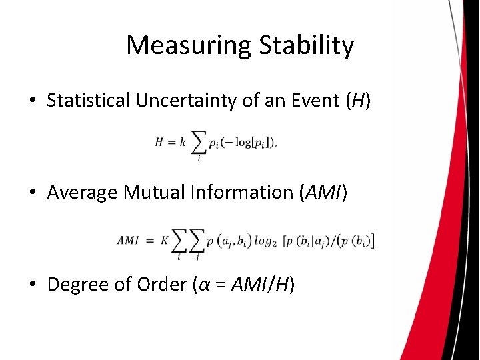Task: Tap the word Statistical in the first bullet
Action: coord(89,101)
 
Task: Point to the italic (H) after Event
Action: coord(357,101)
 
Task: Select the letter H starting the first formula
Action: coord(159,142)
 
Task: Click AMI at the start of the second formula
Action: coord(128,241)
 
